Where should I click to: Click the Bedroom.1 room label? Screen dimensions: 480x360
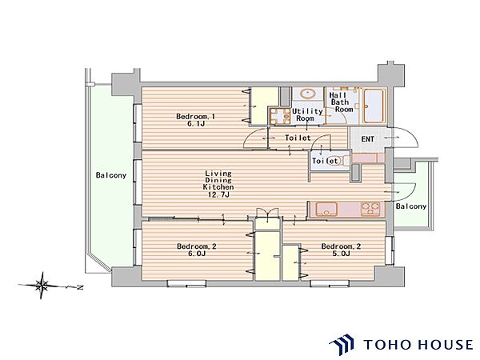(195, 117)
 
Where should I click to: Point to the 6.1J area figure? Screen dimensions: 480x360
(195, 124)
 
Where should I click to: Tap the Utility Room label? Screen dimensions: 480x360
(307, 114)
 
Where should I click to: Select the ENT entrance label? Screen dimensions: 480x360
(367, 139)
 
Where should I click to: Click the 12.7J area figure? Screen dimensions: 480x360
(219, 194)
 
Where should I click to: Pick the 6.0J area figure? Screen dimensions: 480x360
(196, 254)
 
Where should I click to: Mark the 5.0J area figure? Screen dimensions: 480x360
(341, 254)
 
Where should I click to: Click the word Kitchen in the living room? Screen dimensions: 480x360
(218, 187)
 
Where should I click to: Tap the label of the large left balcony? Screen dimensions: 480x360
(111, 175)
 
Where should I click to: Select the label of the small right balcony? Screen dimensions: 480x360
(411, 206)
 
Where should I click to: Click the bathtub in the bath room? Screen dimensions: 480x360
(374, 106)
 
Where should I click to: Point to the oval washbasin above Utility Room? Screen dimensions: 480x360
(308, 94)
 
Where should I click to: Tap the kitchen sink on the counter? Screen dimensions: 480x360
(326, 210)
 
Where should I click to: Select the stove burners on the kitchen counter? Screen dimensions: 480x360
(370, 210)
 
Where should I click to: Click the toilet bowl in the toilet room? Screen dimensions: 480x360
(341, 161)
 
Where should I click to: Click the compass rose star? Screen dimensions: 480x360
(42, 286)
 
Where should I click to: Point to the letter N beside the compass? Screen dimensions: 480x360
(80, 288)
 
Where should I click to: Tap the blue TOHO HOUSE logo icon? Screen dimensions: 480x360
(342, 345)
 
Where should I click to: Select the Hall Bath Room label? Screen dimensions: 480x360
(341, 102)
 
